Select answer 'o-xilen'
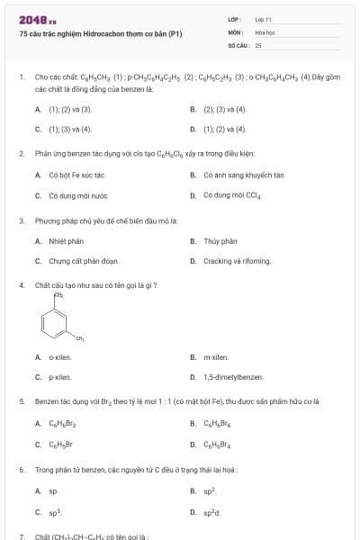pyautogui.click(x=60, y=357)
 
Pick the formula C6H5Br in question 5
pyautogui.click(x=62, y=444)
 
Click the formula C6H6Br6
pyautogui.click(x=218, y=423)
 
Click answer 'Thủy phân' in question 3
pyautogui.click(x=220, y=241)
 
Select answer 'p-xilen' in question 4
pyautogui.click(x=60, y=377)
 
